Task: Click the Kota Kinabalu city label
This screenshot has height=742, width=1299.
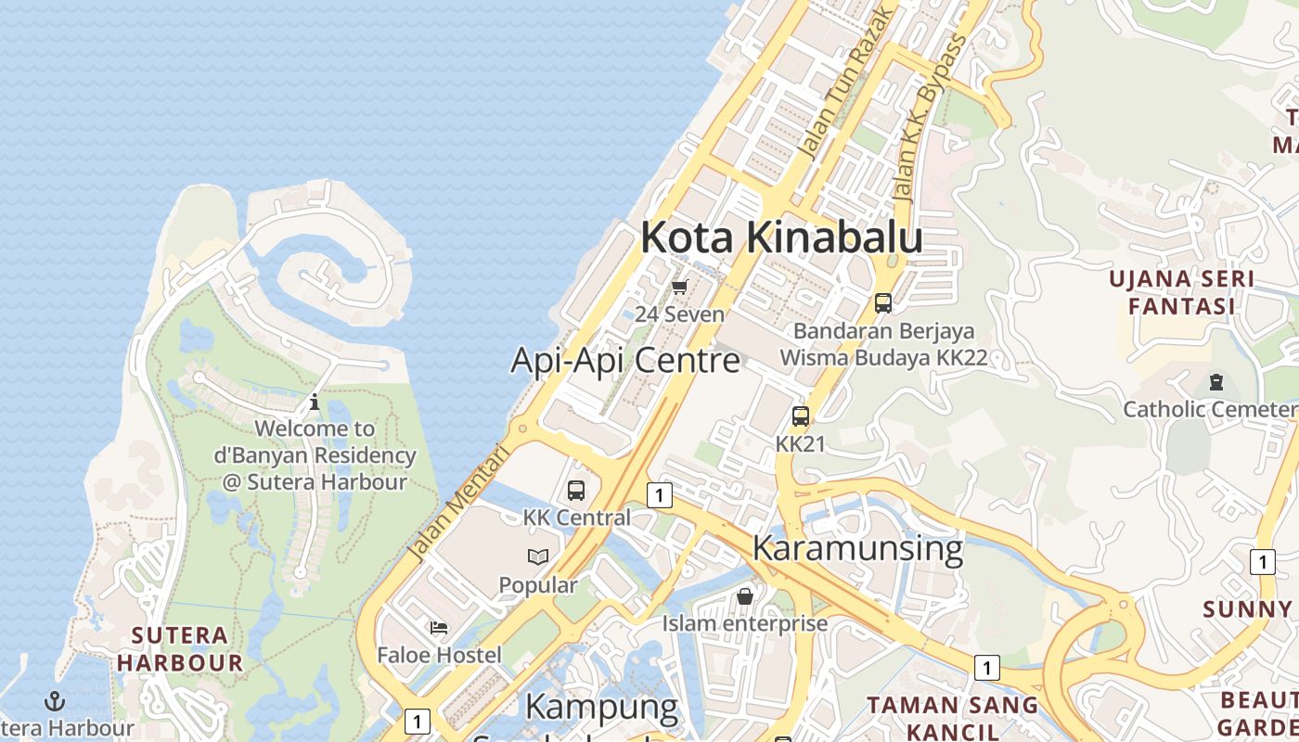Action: click(x=781, y=237)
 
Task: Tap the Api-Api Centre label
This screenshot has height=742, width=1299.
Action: click(x=625, y=360)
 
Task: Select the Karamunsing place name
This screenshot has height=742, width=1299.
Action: click(x=857, y=548)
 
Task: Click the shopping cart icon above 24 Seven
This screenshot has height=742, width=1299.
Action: click(x=680, y=287)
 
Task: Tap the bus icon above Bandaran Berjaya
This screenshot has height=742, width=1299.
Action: click(x=883, y=302)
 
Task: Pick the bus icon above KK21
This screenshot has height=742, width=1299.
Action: click(x=801, y=416)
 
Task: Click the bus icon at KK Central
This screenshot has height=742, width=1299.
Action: click(x=576, y=491)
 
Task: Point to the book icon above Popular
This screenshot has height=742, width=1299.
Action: click(x=538, y=557)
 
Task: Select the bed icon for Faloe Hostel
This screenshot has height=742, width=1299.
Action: click(x=439, y=628)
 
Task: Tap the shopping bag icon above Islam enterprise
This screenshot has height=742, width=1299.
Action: click(x=744, y=596)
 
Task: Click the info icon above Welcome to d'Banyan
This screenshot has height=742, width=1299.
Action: click(x=315, y=402)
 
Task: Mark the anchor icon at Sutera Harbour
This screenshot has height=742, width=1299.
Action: click(x=55, y=701)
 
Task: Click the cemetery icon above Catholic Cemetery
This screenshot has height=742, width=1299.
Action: click(x=1215, y=381)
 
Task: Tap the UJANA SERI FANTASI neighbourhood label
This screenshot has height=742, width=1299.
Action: click(x=1182, y=292)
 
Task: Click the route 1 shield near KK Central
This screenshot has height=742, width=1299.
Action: click(x=659, y=495)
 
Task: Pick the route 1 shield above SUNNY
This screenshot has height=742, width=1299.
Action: click(x=1262, y=561)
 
